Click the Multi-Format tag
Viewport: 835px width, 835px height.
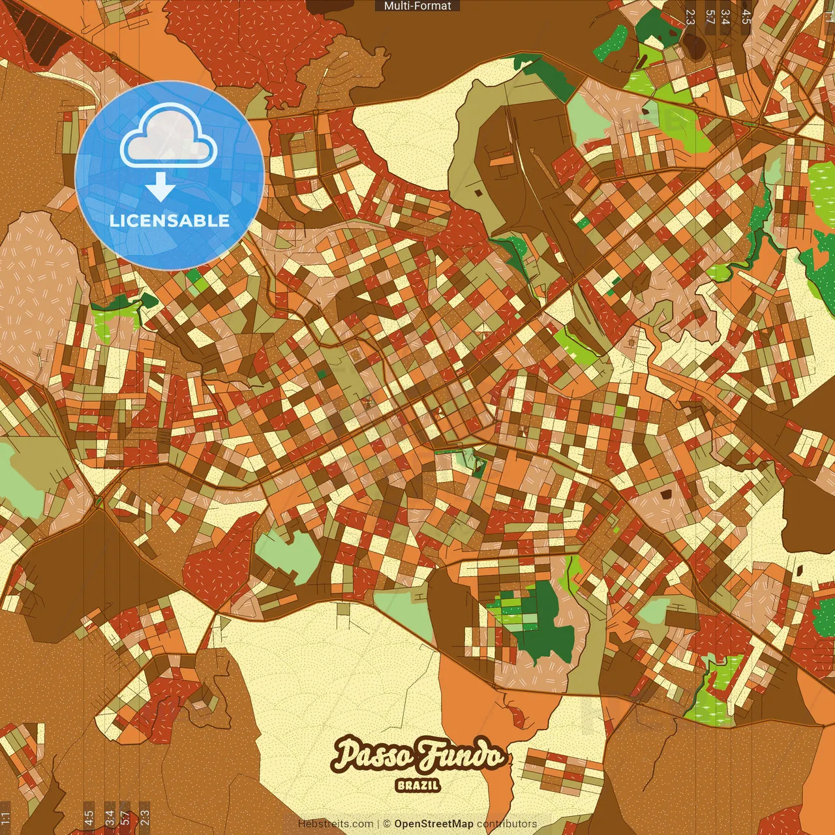pyautogui.click(x=417, y=6)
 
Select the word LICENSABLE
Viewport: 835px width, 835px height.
pyautogui.click(x=170, y=220)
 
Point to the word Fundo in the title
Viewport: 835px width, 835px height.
pyautogui.click(x=462, y=755)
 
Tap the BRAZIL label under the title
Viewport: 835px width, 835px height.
pyautogui.click(x=417, y=785)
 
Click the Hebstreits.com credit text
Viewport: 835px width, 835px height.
pyautogui.click(x=335, y=824)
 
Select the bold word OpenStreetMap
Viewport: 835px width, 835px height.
pyautogui.click(x=433, y=824)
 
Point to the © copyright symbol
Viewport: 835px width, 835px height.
pyautogui.click(x=386, y=824)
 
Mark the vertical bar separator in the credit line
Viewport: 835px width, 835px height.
pyautogui.click(x=378, y=824)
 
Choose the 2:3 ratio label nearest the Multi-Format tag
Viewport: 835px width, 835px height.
pyautogui.click(x=690, y=17)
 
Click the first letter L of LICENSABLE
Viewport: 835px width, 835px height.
pyautogui.click(x=114, y=220)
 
